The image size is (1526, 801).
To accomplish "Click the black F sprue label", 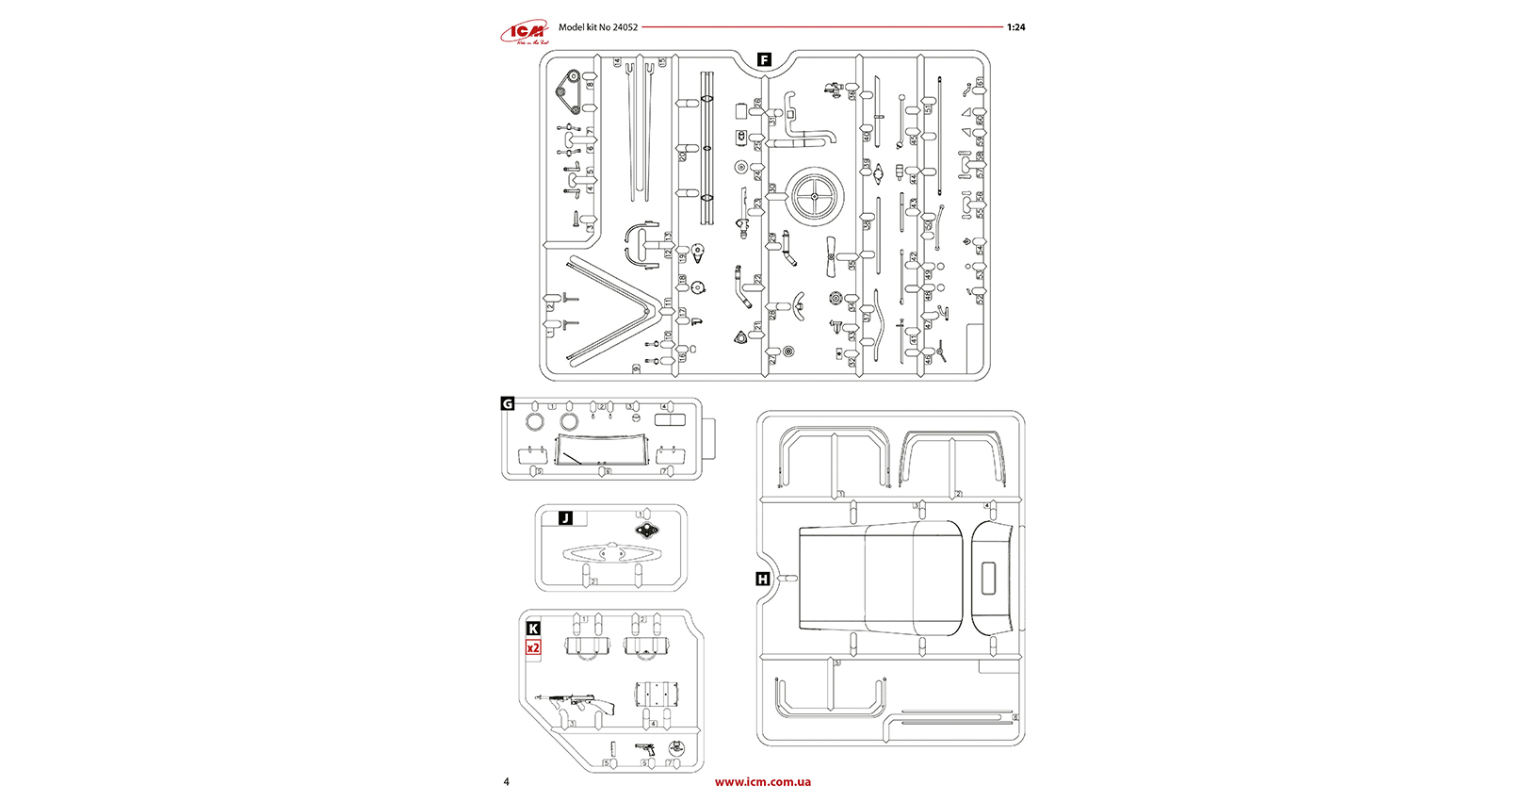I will [x=764, y=59].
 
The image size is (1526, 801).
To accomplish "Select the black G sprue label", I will [x=508, y=403].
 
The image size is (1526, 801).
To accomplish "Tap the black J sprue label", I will [x=565, y=518].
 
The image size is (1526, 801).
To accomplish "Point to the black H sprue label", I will [x=762, y=579].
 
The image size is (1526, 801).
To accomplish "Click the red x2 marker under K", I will [x=533, y=647].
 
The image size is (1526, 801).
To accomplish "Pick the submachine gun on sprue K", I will [x=576, y=702].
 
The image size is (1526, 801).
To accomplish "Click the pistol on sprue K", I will [x=645, y=748].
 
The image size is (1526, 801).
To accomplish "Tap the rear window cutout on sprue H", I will [x=989, y=578].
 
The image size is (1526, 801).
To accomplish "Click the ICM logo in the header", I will [x=524, y=33].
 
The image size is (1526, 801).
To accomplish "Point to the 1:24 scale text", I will [x=1015, y=27].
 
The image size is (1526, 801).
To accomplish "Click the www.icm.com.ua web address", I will [x=762, y=781].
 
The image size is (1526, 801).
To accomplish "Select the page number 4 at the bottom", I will [x=506, y=781].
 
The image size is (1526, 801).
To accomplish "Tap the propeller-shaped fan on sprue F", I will [x=831, y=256].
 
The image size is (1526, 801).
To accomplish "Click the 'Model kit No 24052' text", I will [x=597, y=27].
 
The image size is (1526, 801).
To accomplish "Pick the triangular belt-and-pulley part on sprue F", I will [x=567, y=91].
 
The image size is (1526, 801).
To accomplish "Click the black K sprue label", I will [x=533, y=628].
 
